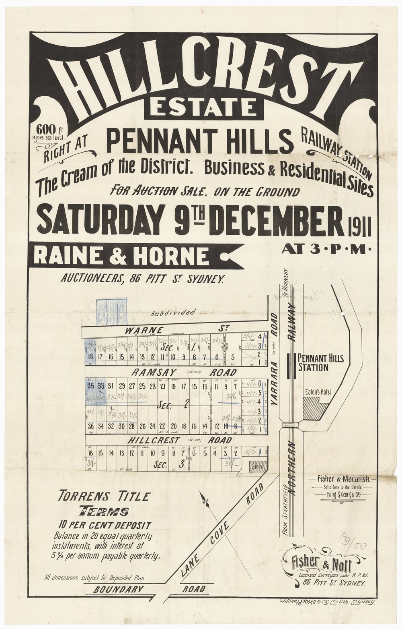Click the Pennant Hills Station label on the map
point(319,362)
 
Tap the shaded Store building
point(258,466)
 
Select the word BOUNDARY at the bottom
point(119,589)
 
